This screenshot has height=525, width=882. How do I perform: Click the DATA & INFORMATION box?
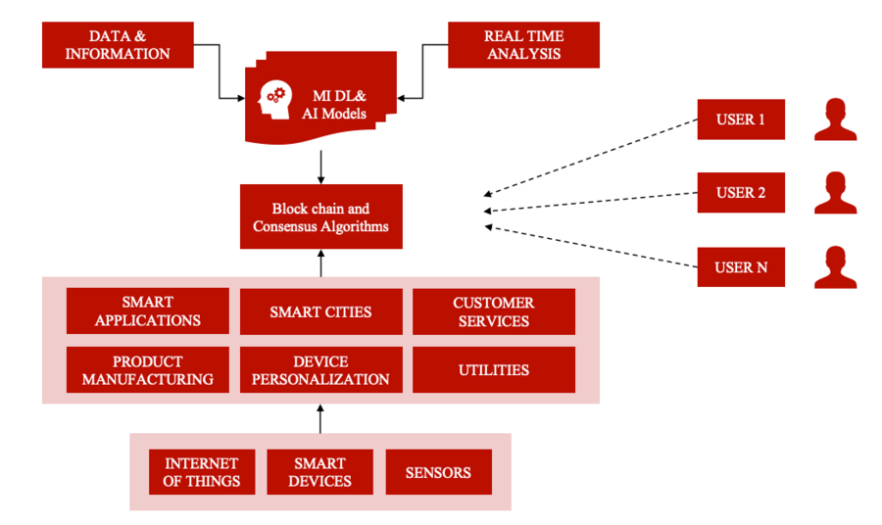click(x=118, y=45)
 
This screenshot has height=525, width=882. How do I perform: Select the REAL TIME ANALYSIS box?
click(x=523, y=45)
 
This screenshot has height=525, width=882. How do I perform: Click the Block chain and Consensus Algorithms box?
click(x=321, y=217)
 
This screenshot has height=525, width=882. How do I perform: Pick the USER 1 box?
click(x=741, y=119)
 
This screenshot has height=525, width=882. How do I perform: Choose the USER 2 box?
click(x=741, y=193)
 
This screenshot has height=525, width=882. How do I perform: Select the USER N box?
click(x=741, y=266)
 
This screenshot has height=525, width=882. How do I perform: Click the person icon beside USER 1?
click(x=835, y=119)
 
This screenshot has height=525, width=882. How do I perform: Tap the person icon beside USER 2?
click(x=835, y=193)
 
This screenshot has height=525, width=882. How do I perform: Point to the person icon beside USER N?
click(x=835, y=266)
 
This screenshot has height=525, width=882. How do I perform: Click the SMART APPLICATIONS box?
click(x=148, y=311)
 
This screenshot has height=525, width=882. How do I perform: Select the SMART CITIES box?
click(x=320, y=311)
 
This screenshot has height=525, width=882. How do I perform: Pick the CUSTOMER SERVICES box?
click(x=494, y=311)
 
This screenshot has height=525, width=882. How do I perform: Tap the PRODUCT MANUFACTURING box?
click(x=148, y=370)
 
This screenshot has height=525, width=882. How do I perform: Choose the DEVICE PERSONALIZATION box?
click(x=320, y=370)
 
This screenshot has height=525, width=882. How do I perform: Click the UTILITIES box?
click(x=494, y=370)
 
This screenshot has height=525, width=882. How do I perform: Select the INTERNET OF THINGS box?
click(x=202, y=472)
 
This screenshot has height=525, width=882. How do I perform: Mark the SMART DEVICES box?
click(x=320, y=472)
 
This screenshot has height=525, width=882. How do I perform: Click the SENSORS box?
click(x=438, y=472)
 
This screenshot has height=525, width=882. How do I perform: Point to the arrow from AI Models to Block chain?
click(x=321, y=166)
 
